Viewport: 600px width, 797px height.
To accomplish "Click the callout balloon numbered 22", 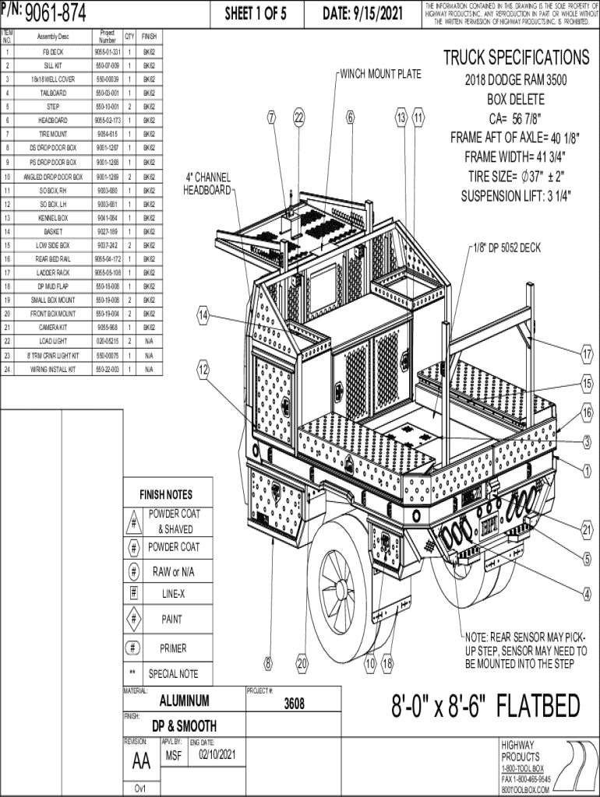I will (298, 118).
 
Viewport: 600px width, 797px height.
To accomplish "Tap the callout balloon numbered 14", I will (203, 315).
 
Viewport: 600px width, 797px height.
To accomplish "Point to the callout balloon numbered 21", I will (587, 530).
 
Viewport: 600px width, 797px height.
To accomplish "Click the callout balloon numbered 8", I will (268, 663).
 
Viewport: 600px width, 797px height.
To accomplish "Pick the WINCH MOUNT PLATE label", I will (380, 74).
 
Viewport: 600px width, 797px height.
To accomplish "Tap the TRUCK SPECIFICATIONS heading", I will (516, 58).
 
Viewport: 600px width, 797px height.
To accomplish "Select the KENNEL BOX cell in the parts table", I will (53, 218).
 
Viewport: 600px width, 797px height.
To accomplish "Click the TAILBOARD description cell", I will (53, 93).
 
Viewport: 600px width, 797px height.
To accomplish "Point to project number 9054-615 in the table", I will (107, 134).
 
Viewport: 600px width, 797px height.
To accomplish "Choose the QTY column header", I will (129, 37).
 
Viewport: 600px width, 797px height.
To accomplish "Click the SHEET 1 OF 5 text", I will (256, 13).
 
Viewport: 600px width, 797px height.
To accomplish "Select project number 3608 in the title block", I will (294, 704).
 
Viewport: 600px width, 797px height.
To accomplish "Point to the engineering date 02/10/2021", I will (217, 755).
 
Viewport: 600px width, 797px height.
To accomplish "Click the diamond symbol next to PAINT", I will (134, 620).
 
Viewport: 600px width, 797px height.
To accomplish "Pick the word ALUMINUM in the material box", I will (184, 700).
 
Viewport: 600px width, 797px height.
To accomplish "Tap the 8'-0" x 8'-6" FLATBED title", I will (485, 707).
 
